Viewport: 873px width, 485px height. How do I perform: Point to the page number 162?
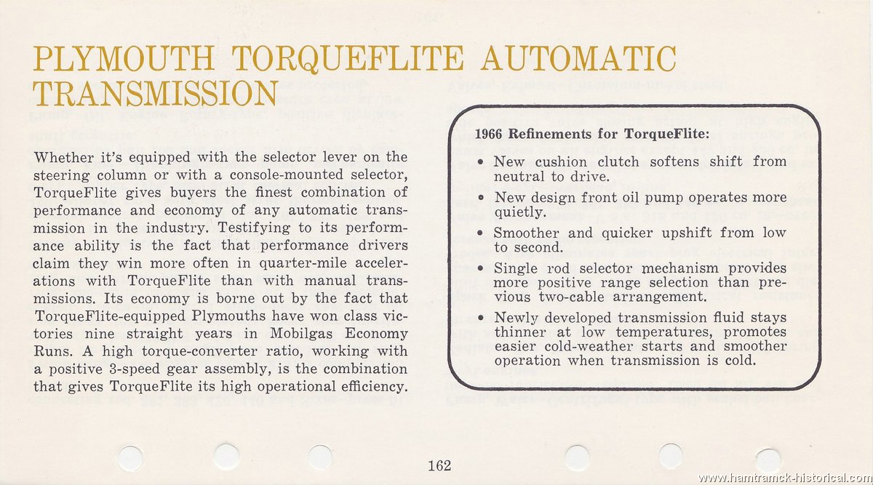[439, 466]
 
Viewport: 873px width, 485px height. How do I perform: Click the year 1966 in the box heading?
[489, 135]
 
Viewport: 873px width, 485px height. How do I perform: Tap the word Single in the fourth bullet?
[515, 268]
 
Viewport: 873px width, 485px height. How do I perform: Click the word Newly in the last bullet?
[516, 318]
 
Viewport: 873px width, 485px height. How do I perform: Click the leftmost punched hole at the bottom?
[132, 456]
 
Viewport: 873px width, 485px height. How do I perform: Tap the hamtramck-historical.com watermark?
[784, 478]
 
